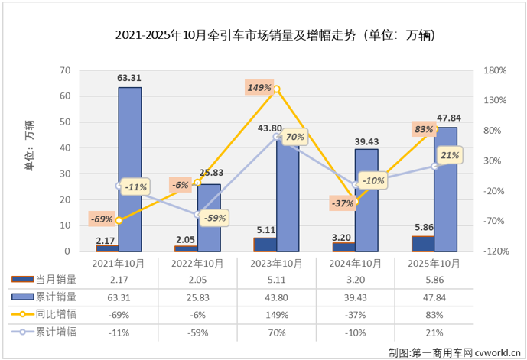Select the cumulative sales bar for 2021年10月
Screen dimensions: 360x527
[129, 169]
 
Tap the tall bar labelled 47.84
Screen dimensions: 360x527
[445, 189]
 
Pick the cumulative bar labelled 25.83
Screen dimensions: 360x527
[209, 218]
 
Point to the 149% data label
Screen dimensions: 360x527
[259, 88]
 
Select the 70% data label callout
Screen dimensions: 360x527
[294, 138]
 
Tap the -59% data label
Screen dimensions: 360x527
[215, 218]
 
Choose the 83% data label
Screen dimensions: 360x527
[422, 130]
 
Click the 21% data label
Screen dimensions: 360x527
[450, 156]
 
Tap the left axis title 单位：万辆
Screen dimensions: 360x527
[29, 144]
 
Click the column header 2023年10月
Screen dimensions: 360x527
[277, 264]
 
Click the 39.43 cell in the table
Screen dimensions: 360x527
[356, 297]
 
